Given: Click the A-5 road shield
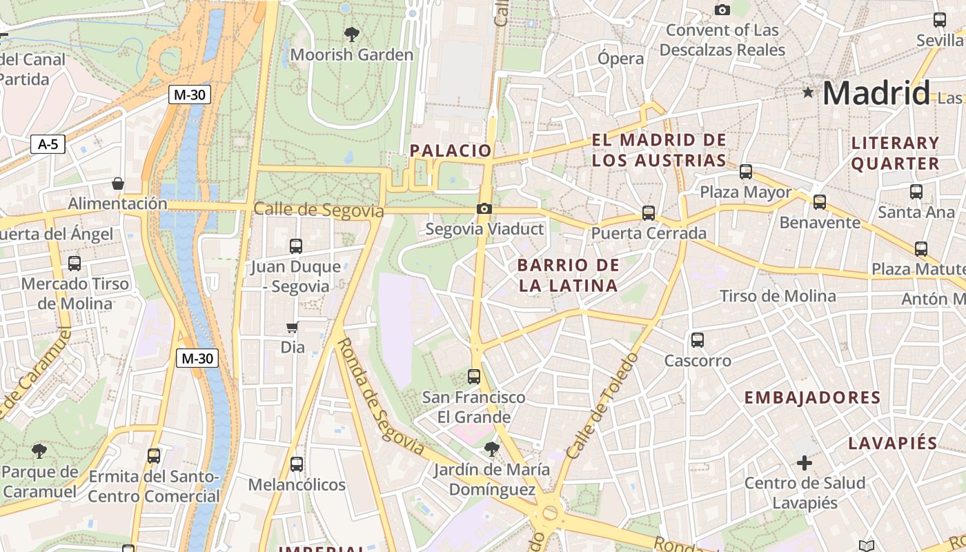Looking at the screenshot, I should click(x=48, y=144).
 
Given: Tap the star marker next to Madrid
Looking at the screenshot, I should click(x=807, y=92).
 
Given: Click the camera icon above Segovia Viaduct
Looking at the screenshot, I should click(x=484, y=208).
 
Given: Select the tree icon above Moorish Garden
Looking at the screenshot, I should click(x=351, y=34).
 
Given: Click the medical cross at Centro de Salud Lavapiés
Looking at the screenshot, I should click(x=804, y=462).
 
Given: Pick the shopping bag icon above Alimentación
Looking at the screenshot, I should click(x=118, y=184).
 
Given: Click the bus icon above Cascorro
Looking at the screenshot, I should click(x=698, y=339).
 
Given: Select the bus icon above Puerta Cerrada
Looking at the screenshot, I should click(x=649, y=213).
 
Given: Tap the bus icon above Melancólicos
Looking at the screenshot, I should click(x=297, y=464).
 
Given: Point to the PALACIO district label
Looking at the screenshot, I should click(x=451, y=150).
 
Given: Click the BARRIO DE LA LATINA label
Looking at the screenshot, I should click(x=568, y=275).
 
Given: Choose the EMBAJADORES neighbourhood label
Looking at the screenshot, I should click(x=812, y=397).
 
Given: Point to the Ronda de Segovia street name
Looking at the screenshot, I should click(x=380, y=396).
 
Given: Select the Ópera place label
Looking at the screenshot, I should click(x=620, y=59).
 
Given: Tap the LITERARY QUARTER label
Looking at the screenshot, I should click(x=895, y=153).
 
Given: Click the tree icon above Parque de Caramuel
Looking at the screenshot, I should click(x=39, y=451).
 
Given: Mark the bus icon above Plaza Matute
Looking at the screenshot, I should click(x=920, y=248).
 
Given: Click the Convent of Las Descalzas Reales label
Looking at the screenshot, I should click(x=722, y=40).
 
